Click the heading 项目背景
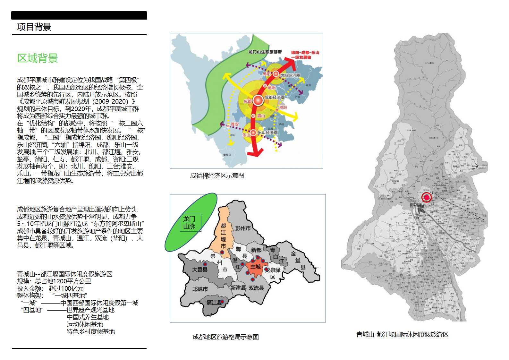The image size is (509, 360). click(34, 27)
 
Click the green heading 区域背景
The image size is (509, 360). click(38, 58)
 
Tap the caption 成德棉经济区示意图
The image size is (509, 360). click(217, 176)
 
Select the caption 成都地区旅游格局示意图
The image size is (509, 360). click(225, 337)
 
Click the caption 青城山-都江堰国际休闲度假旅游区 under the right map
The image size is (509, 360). click(402, 334)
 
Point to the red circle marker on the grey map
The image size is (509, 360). click(427, 197)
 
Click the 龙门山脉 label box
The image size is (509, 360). click(190, 222)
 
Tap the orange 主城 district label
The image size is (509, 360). click(256, 267)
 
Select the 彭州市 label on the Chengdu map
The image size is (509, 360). click(243, 228)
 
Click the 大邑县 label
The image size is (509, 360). click(200, 270)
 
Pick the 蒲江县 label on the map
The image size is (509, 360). click(214, 302)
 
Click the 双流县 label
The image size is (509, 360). click(256, 288)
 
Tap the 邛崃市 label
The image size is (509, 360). click(200, 289)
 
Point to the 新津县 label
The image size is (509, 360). click(238, 288)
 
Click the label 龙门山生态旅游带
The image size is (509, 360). click(265, 52)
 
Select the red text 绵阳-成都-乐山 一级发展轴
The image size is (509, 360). click(305, 55)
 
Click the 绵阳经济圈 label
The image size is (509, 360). click(290, 75)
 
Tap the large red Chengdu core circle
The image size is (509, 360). click(258, 100)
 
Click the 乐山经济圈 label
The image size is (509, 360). click(267, 132)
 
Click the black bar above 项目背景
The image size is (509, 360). click(79, 15)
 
